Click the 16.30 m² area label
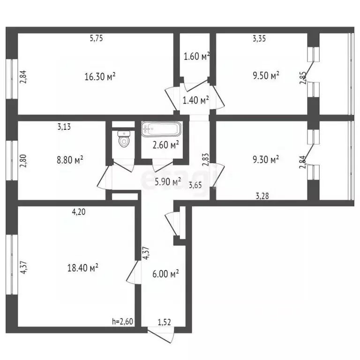pos(100,77)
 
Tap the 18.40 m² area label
pos(82,268)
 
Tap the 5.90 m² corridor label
pos(167,181)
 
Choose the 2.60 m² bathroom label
pos(166,145)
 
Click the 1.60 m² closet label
pos(196,57)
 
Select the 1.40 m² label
pos(195,100)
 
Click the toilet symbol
pos(124,139)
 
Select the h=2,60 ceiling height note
pos(122,322)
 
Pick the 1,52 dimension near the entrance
pos(164,322)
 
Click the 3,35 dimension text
pos(259,39)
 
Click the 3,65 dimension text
pos(196,186)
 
